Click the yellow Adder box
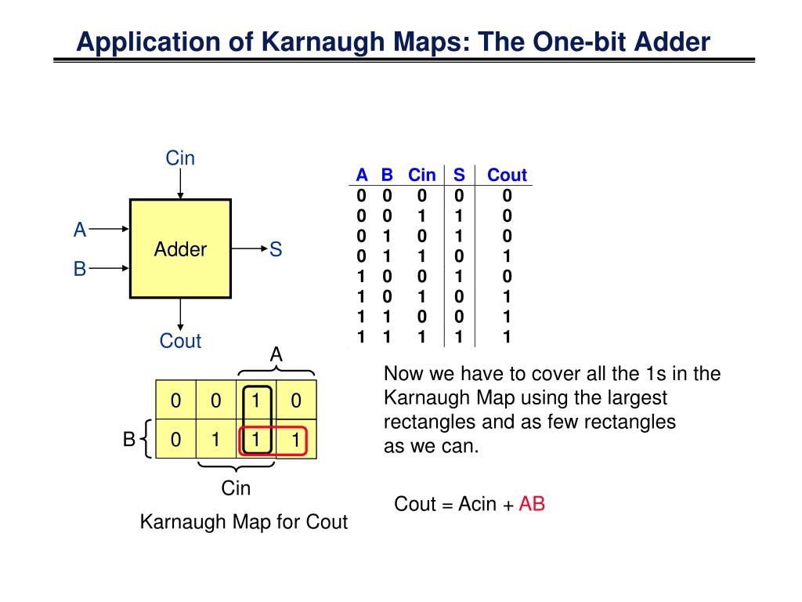tap(180, 248)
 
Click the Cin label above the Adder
tap(180, 158)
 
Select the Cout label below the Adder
tap(180, 341)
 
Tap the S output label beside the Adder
tap(276, 249)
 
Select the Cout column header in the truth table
tap(507, 175)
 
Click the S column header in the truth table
tap(459, 175)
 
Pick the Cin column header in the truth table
tap(422, 175)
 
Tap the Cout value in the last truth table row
tap(507, 337)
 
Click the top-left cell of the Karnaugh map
tap(176, 401)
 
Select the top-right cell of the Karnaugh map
tap(295, 401)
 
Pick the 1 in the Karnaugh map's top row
tap(255, 401)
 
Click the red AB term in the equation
tap(532, 504)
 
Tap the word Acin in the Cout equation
tap(478, 504)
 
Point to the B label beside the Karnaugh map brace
tap(128, 440)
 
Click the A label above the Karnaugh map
tap(276, 355)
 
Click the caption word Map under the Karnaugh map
tap(255, 522)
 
